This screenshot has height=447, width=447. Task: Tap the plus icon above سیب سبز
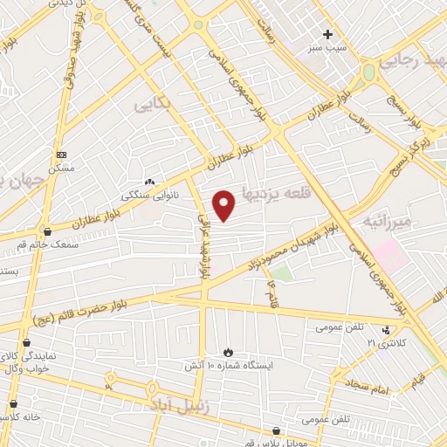coord(328,35)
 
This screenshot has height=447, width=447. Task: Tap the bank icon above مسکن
coord(60,152)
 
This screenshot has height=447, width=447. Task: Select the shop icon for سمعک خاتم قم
coord(46,231)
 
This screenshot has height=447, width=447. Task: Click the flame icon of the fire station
coord(229,351)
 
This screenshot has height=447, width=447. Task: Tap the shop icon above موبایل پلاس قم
coord(276,430)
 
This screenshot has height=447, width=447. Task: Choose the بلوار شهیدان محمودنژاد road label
coord(292,244)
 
